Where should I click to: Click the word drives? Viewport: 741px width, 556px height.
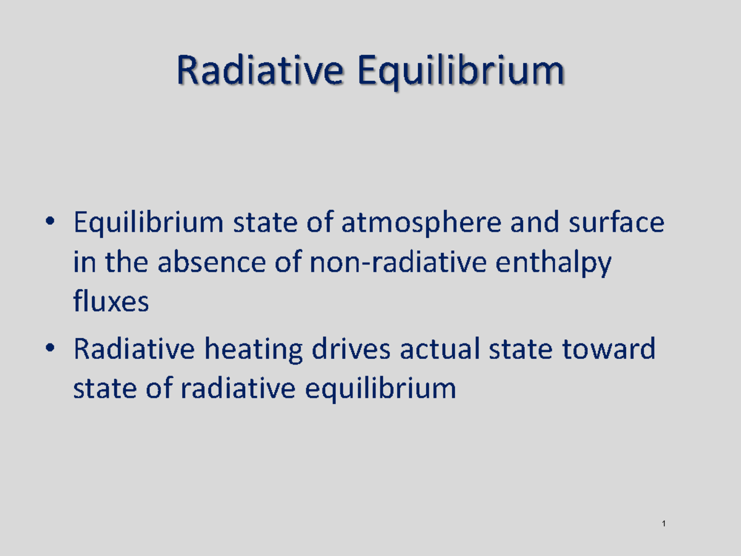tap(351, 350)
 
